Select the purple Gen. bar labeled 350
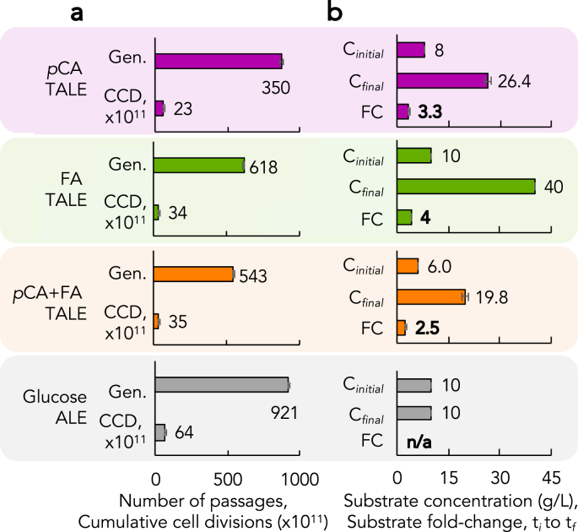pos(219,61)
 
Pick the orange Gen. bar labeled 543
pos(194,274)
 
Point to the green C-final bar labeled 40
pos(466,186)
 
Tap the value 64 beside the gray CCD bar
pos(183,433)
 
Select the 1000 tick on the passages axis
pos(297,478)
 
